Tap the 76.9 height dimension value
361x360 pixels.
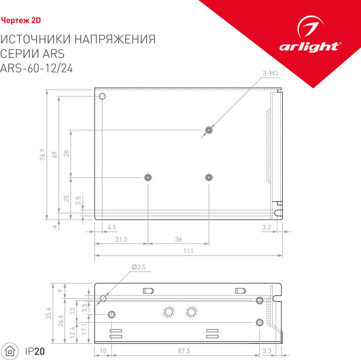click(43, 156)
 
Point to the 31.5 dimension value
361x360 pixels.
click(121, 239)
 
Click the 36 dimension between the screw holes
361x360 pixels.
click(178, 239)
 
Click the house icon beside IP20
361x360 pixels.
click(11, 350)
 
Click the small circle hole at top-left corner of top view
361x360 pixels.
click(102, 96)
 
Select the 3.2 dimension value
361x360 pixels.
click(267, 226)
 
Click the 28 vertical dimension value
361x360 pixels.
click(67, 153)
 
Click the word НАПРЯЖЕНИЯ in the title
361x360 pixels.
click(115, 40)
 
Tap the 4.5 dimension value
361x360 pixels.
click(112, 226)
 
